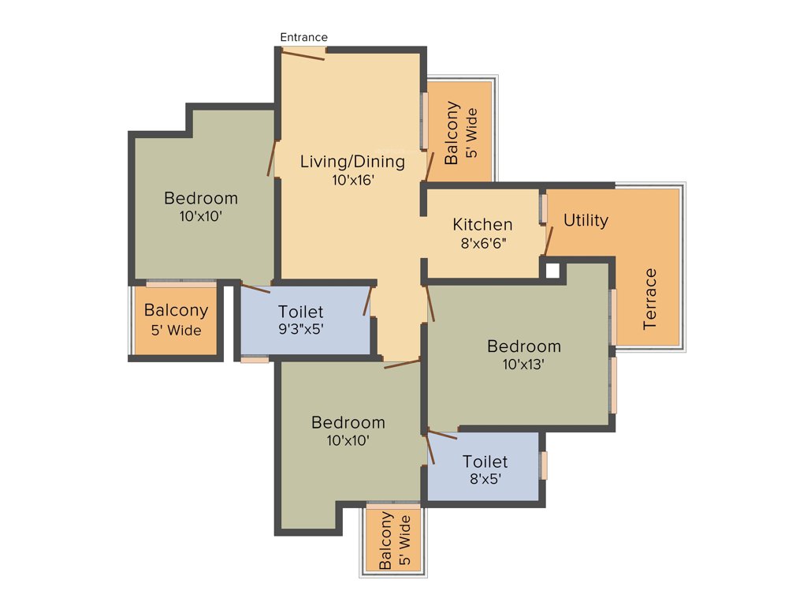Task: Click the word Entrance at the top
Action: point(303,37)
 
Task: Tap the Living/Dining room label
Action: point(352,162)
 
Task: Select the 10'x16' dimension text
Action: point(352,180)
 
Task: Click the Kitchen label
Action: point(482,225)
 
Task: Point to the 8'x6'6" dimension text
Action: point(482,243)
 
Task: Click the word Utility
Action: point(586,220)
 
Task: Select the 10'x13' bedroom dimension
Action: point(523,364)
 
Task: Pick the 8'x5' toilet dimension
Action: point(485,478)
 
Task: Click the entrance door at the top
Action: point(303,53)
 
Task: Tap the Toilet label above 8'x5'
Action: point(485,461)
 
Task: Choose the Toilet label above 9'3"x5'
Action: point(300,312)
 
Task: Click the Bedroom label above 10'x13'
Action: point(523,346)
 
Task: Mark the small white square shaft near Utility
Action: point(552,271)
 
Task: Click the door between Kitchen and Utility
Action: point(548,241)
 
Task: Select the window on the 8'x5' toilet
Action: point(543,465)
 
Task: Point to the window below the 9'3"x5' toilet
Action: point(255,360)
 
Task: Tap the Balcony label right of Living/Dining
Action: point(452,133)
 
